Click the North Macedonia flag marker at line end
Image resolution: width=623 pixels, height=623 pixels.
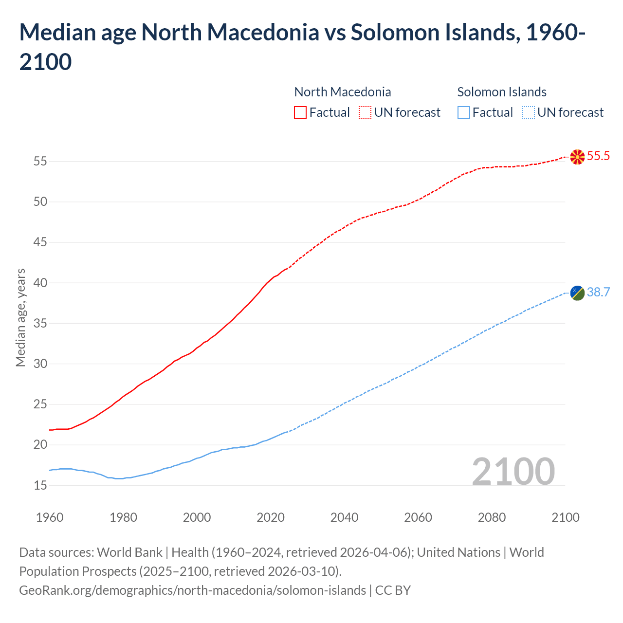click(x=577, y=157)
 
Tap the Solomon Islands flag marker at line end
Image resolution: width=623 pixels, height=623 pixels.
click(x=577, y=293)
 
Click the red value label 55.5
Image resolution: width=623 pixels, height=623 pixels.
click(x=598, y=156)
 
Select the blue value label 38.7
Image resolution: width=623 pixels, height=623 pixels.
click(x=598, y=292)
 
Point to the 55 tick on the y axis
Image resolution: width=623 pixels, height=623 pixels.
click(x=40, y=161)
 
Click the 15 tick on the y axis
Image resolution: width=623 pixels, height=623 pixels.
click(x=40, y=485)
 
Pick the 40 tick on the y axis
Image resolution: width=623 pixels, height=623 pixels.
click(x=40, y=283)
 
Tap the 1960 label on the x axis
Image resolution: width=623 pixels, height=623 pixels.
click(x=50, y=517)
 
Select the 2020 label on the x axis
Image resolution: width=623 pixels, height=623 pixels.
click(x=271, y=517)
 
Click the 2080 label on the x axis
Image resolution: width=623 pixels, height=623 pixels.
click(x=492, y=517)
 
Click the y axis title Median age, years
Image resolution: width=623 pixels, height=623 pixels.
click(x=20, y=317)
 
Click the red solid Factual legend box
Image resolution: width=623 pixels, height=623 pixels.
click(x=300, y=112)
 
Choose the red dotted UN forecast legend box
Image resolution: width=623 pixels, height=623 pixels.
click(x=365, y=112)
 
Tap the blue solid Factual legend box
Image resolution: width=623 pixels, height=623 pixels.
click(x=464, y=112)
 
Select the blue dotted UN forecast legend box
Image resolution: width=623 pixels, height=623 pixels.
click(x=528, y=112)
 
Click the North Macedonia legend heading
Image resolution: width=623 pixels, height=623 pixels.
click(x=343, y=92)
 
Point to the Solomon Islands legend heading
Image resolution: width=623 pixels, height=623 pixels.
click(x=502, y=92)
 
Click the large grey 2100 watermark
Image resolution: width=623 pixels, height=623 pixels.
click(x=513, y=471)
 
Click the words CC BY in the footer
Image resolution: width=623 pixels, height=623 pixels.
click(x=393, y=590)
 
